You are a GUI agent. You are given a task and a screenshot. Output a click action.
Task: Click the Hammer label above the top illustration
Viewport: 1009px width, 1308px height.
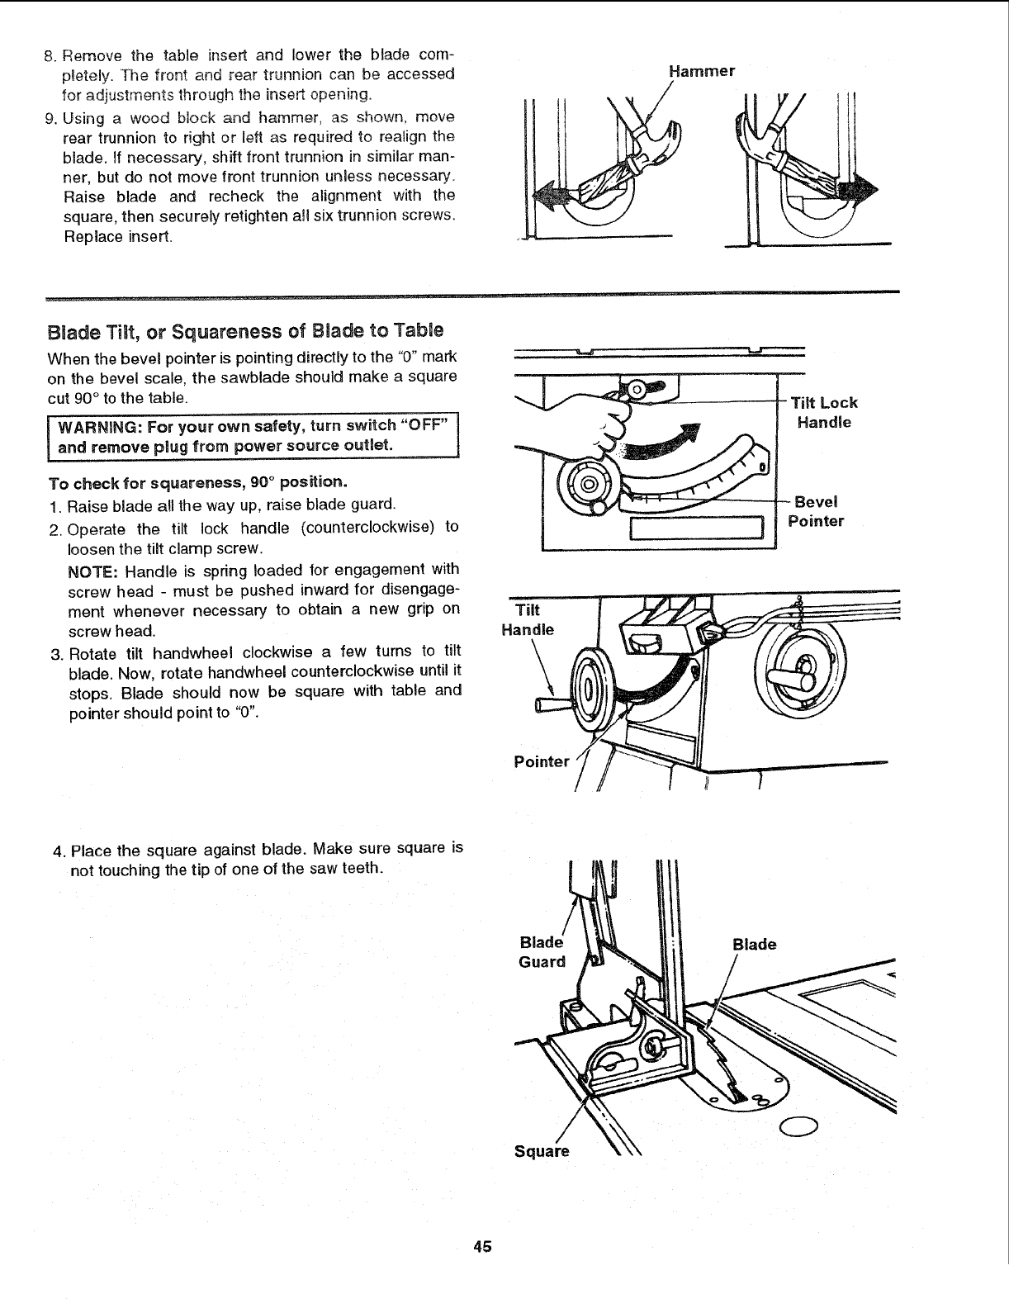pyautogui.click(x=701, y=71)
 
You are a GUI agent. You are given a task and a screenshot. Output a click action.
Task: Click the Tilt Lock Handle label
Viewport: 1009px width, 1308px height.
pyautogui.click(x=823, y=412)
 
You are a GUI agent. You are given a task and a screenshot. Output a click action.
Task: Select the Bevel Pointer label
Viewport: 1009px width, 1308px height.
pyautogui.click(x=815, y=511)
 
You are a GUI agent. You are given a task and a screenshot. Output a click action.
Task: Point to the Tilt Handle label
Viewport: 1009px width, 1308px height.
pyautogui.click(x=528, y=619)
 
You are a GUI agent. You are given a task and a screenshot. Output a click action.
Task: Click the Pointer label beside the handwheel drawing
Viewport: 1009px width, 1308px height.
pyautogui.click(x=541, y=761)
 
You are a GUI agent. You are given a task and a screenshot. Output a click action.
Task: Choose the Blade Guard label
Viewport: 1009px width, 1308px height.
pyautogui.click(x=542, y=952)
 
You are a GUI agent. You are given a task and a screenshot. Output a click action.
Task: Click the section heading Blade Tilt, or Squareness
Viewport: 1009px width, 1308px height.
pyautogui.click(x=245, y=331)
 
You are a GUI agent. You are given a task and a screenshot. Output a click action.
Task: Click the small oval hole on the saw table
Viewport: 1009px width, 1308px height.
pyautogui.click(x=798, y=1125)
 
